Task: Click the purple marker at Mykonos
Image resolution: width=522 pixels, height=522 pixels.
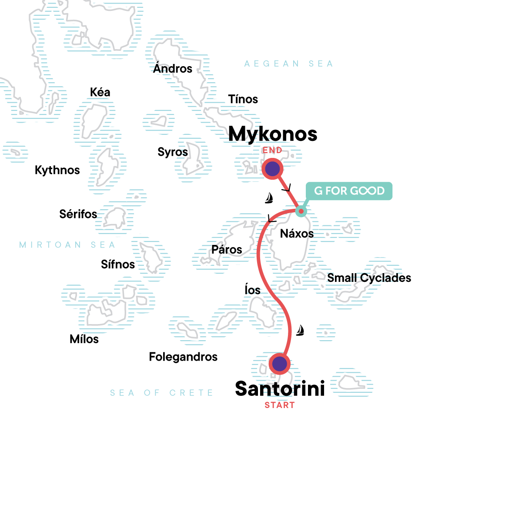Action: [272, 169]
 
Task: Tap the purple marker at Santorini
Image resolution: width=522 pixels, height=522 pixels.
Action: [279, 363]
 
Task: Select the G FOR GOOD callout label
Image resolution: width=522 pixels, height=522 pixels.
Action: [349, 191]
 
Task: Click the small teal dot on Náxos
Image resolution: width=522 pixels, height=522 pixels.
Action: [301, 211]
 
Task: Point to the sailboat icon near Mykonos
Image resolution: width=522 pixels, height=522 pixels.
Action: [269, 198]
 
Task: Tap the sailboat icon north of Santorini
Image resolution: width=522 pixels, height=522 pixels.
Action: [300, 331]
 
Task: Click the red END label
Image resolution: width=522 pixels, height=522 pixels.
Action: [272, 151]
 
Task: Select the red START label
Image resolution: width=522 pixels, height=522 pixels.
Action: [280, 405]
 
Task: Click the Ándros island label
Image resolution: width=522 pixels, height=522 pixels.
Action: [173, 69]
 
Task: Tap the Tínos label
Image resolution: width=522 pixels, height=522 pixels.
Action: [243, 99]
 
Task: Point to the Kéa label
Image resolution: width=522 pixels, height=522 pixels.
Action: [100, 92]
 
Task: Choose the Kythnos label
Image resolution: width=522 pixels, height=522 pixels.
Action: [57, 170]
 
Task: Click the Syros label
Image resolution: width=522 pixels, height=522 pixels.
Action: [173, 152]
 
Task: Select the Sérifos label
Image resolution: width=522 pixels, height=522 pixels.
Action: [78, 214]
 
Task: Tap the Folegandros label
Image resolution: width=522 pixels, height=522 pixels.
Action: [183, 357]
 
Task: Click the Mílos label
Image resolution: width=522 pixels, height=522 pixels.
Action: [84, 339]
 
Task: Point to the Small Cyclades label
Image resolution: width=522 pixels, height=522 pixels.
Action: [369, 278]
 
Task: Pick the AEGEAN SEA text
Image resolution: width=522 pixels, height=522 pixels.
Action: [288, 64]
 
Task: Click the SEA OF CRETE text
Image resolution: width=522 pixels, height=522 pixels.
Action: [161, 393]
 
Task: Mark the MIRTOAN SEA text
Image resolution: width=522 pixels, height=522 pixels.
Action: [67, 245]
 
